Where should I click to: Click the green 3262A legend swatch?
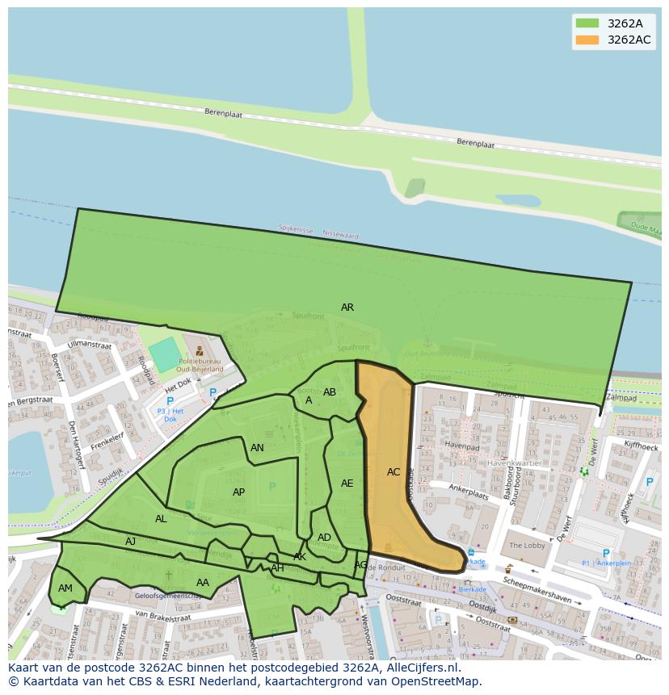coord(587,23)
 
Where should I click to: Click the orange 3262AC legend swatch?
coord(587,40)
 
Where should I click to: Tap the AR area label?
coord(347,308)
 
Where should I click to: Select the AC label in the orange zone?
coord(393,472)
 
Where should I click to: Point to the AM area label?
coord(65,588)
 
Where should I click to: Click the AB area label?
coord(330,392)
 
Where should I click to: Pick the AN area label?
coord(257,448)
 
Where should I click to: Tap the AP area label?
coord(238,492)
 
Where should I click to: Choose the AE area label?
coord(347,484)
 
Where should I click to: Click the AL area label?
coord(161,519)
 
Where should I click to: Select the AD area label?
coord(324,538)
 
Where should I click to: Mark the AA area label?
coord(203,583)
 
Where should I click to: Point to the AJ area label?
coord(130,542)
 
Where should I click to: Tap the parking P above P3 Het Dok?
coord(170,401)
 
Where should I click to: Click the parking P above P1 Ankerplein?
coord(606,554)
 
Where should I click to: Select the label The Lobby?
coord(527,546)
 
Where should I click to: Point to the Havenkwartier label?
coord(515,463)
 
